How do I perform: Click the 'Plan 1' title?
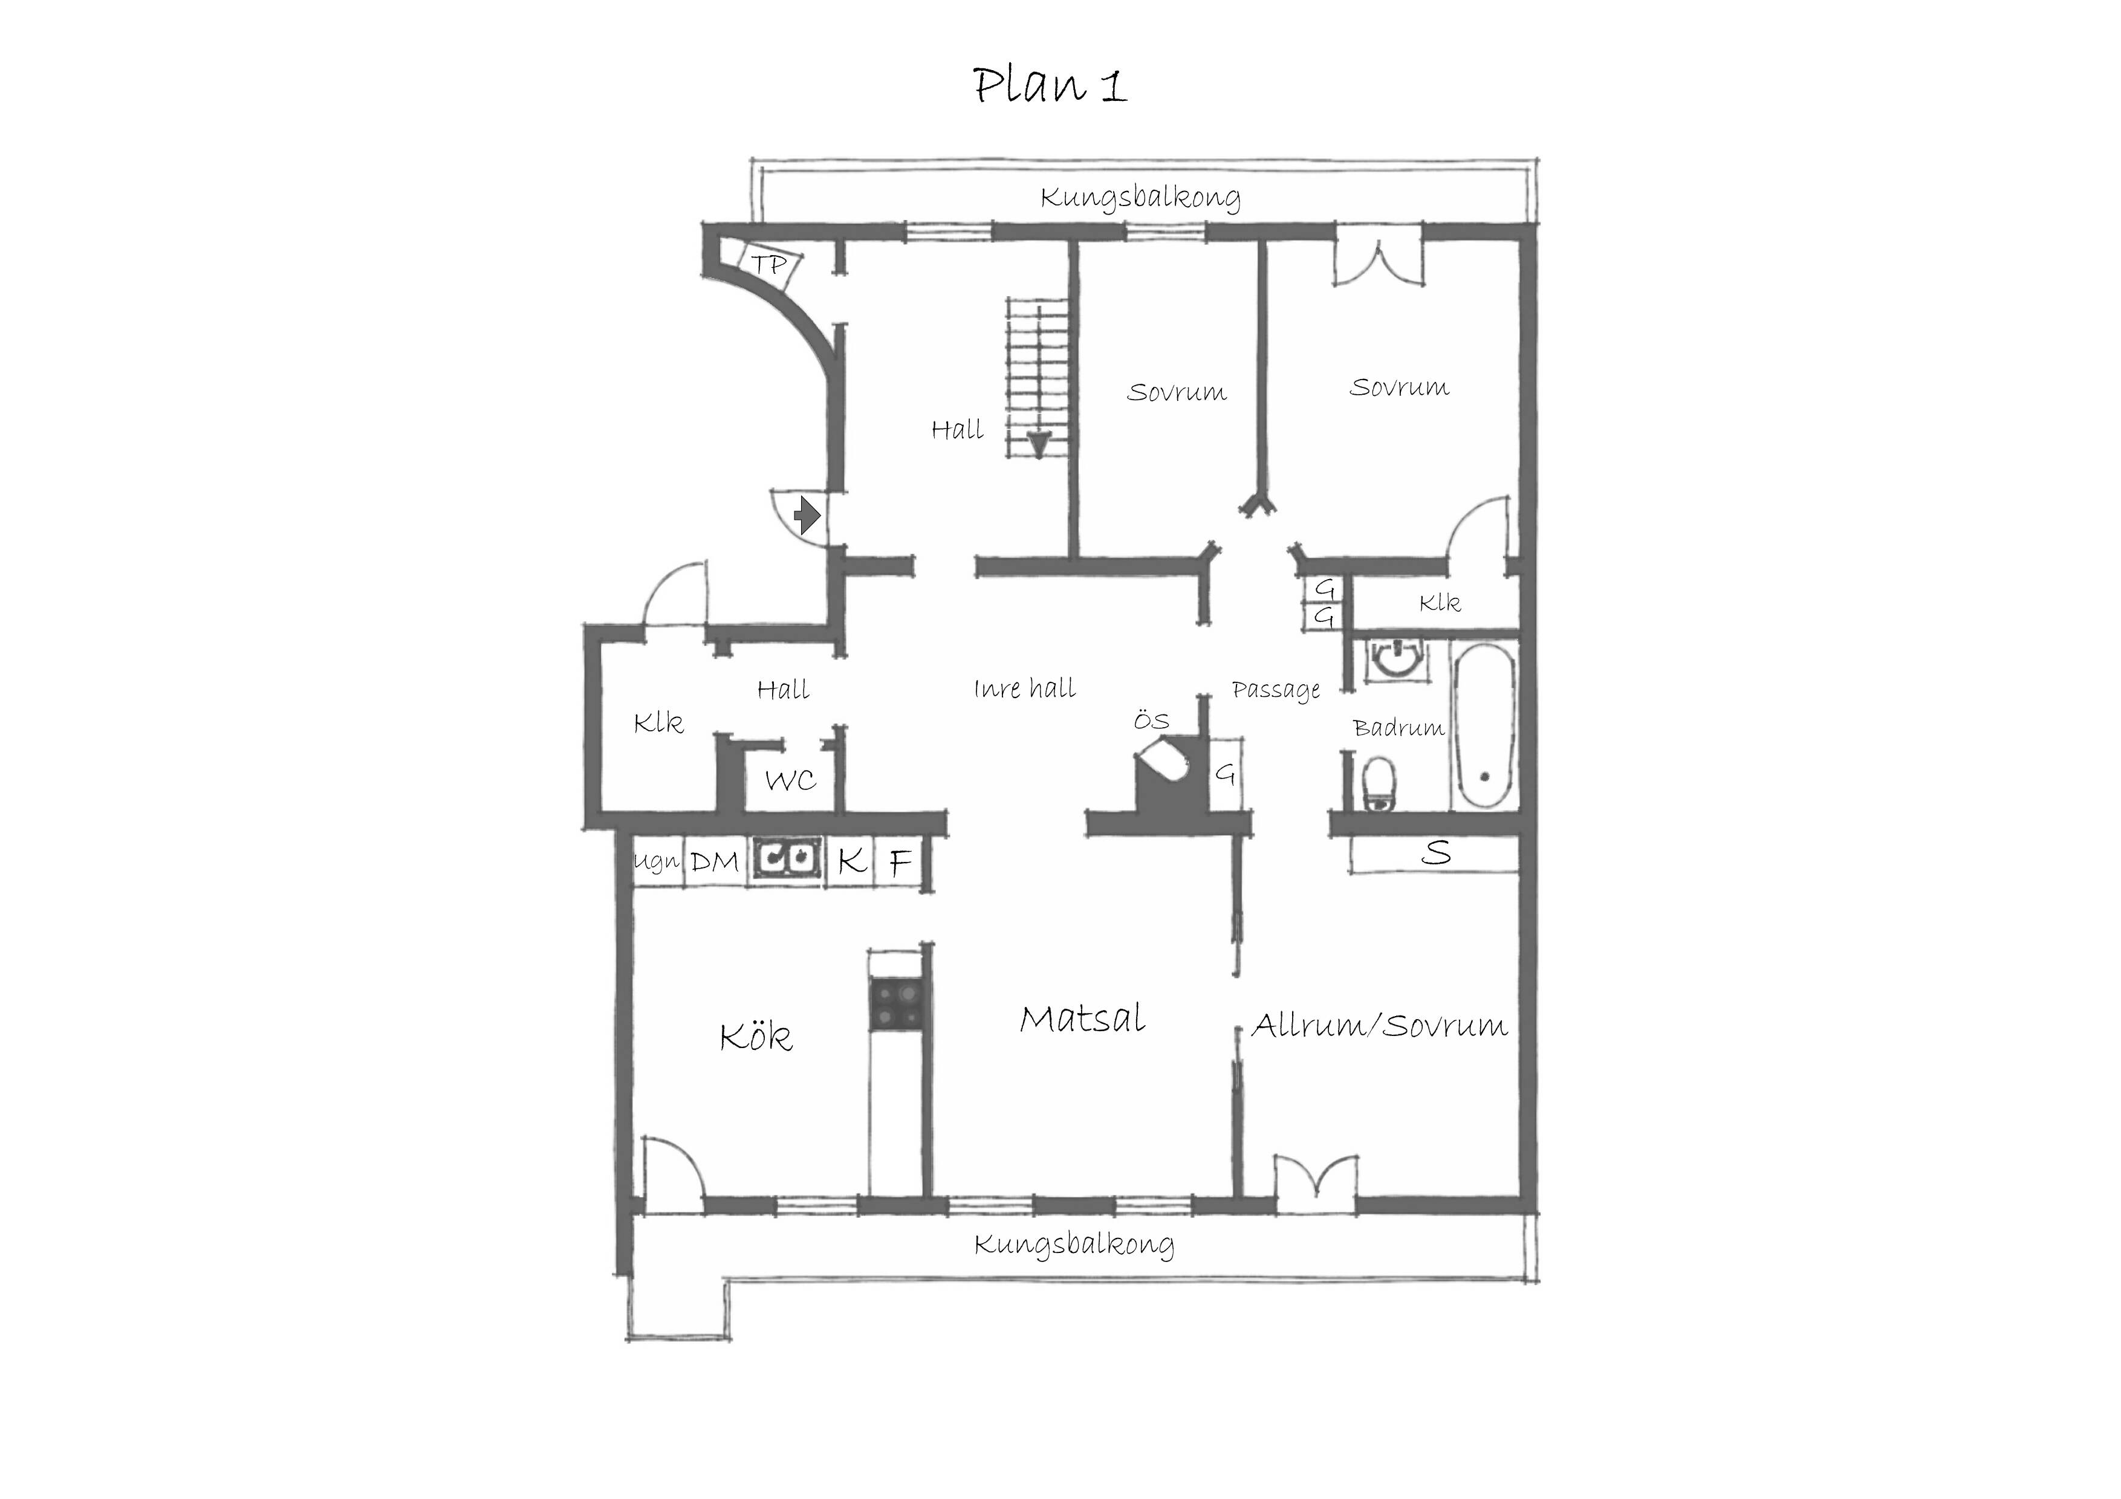coord(1050,85)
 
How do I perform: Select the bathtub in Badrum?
coord(1484,726)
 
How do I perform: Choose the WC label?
coord(791,780)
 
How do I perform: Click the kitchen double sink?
coord(785,859)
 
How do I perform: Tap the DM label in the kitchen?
coord(714,862)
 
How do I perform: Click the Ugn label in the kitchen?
coord(657,863)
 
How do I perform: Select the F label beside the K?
coord(900,863)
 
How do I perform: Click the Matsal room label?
coord(1083,1018)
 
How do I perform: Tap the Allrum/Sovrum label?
coord(1379,1025)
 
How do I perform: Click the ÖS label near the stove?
coord(1151,720)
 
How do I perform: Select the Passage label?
coord(1276,690)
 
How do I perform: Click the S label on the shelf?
coord(1435,852)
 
